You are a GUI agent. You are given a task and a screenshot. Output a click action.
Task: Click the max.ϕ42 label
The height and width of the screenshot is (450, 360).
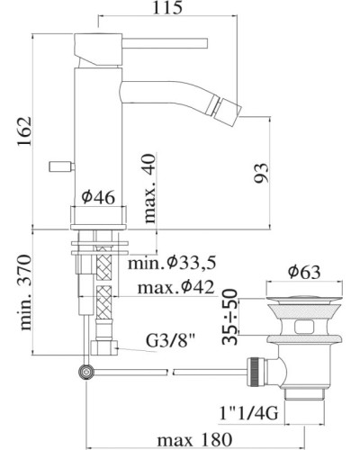[x=176, y=288]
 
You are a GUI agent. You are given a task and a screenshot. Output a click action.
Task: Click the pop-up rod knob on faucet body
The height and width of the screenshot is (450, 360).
[x=58, y=166]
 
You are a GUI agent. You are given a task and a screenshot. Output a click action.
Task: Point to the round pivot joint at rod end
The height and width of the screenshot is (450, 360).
[x=87, y=370]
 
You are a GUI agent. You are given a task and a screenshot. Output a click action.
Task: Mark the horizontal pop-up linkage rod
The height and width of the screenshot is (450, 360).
[x=171, y=367]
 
